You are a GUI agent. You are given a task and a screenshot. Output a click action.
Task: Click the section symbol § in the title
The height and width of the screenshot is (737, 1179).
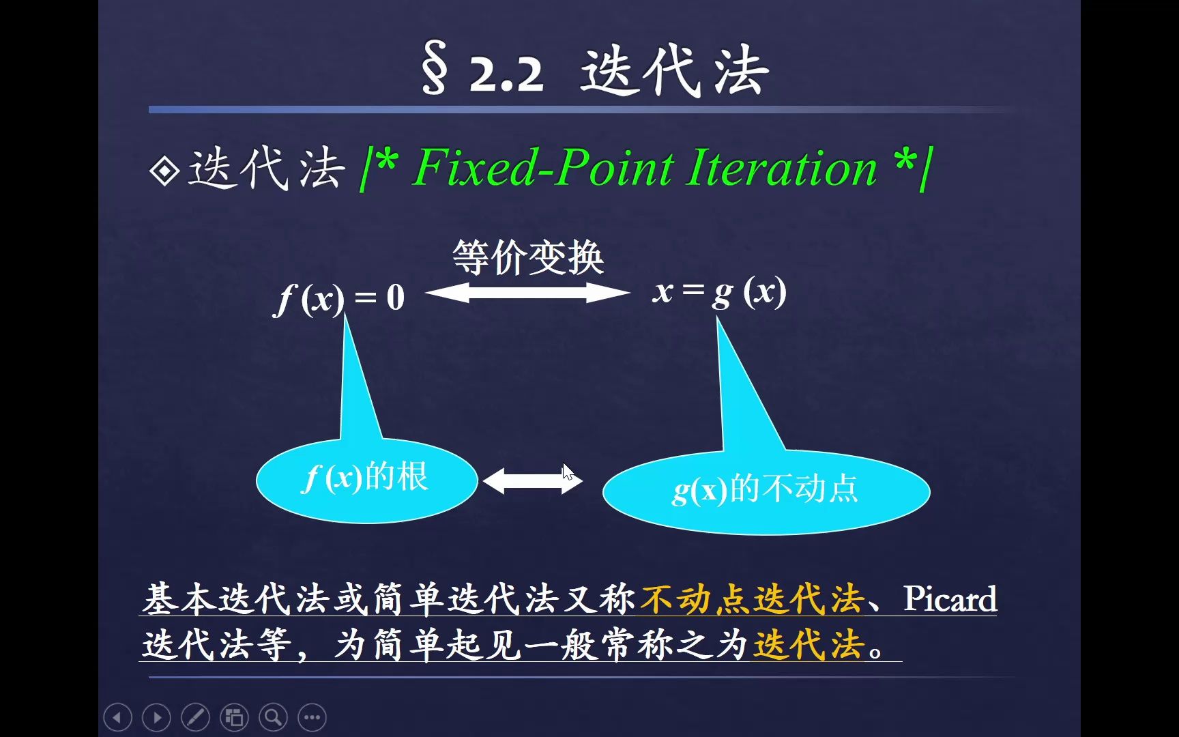pyautogui.click(x=435, y=68)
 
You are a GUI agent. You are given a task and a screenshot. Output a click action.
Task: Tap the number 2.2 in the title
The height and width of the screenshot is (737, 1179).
pyautogui.click(x=506, y=74)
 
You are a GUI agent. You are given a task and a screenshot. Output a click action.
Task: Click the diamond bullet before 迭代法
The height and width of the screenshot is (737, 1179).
pyautogui.click(x=164, y=171)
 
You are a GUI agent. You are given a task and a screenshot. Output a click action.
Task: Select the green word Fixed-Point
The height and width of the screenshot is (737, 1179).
pyautogui.click(x=544, y=168)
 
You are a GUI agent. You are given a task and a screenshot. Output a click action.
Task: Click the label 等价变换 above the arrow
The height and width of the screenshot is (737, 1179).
pyautogui.click(x=528, y=258)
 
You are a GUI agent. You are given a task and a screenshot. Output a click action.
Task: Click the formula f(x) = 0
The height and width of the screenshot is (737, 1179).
pyautogui.click(x=340, y=298)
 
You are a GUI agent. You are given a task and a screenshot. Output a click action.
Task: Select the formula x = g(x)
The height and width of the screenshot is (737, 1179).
pyautogui.click(x=719, y=293)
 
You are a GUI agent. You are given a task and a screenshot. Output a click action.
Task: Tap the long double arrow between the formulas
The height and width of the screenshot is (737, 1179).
pyautogui.click(x=527, y=293)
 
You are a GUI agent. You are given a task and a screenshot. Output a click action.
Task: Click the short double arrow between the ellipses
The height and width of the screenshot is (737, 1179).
pyautogui.click(x=532, y=481)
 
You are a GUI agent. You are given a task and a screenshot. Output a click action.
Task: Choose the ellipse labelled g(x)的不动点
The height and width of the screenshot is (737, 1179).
pyautogui.click(x=766, y=491)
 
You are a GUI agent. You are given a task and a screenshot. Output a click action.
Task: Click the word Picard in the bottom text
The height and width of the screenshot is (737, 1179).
pyautogui.click(x=950, y=598)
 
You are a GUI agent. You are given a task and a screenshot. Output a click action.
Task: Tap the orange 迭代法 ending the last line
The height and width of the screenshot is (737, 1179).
pyautogui.click(x=808, y=644)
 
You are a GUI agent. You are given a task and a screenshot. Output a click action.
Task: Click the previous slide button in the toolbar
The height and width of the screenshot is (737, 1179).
pyautogui.click(x=117, y=717)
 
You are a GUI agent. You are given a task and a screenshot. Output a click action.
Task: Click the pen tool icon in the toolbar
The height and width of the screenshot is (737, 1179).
pyautogui.click(x=195, y=717)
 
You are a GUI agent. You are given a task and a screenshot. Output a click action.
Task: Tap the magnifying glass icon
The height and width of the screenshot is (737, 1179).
pyautogui.click(x=273, y=717)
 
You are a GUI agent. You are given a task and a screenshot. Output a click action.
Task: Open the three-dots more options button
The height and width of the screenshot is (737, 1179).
pyautogui.click(x=312, y=717)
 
